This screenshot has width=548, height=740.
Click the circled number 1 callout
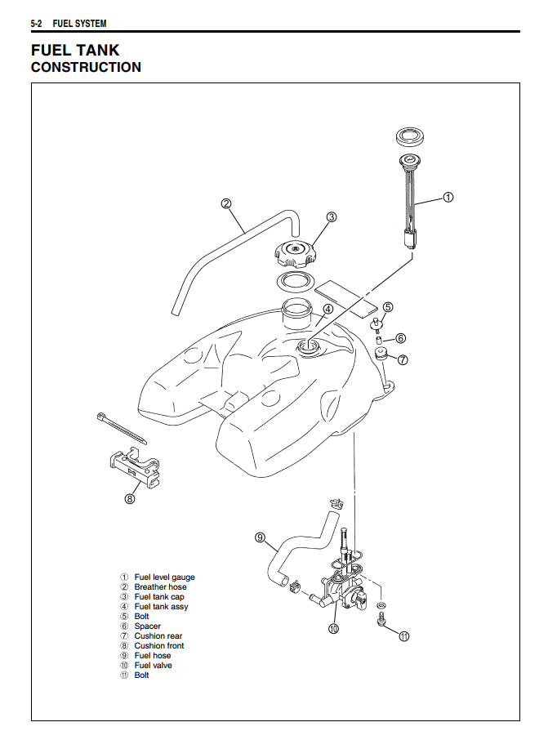pos(448,197)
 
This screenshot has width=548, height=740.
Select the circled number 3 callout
pos(332,217)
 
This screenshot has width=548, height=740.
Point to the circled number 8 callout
pos(130,499)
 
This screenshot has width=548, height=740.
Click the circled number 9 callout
pos(260,537)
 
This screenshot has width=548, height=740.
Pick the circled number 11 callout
pos(403,636)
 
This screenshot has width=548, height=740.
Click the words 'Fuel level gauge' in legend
pos(164,577)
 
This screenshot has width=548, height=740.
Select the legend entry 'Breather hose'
pos(160,587)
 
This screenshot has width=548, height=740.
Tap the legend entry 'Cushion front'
pos(159,646)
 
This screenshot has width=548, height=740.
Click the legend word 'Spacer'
pos(148,626)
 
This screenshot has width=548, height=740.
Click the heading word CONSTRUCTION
pos(86,68)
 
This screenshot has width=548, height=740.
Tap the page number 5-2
pos(37,24)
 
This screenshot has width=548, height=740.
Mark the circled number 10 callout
pos(333,629)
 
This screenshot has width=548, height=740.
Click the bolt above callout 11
pos(381,622)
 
